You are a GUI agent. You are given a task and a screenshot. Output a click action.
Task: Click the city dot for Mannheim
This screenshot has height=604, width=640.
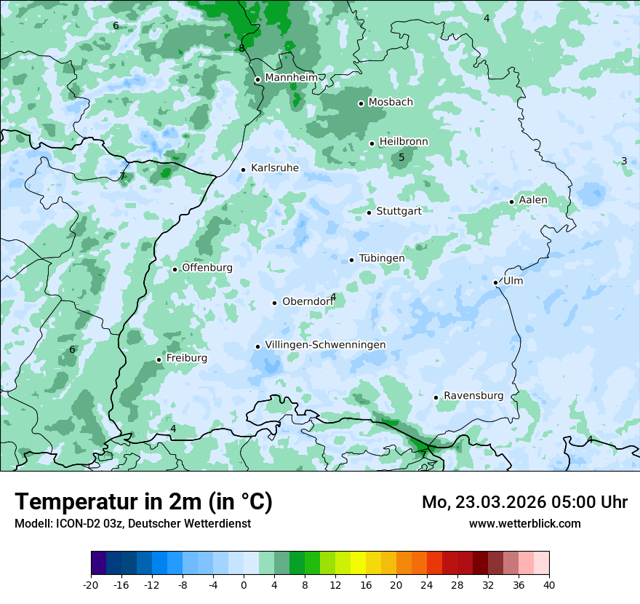point(257,80)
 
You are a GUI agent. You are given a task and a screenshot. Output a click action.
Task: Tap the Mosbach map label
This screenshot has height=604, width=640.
point(391,103)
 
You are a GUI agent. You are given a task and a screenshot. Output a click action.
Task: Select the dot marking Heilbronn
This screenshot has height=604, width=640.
point(372,143)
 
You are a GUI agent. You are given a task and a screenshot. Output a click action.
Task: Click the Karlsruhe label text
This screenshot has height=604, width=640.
point(274,168)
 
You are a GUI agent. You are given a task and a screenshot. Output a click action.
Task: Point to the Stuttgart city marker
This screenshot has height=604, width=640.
point(369,212)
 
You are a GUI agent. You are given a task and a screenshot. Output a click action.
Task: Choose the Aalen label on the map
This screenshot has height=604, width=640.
point(533,200)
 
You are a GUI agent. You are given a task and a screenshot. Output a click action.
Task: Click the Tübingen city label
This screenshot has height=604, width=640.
point(382,258)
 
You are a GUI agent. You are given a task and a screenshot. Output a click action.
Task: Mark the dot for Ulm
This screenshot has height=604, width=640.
point(495,282)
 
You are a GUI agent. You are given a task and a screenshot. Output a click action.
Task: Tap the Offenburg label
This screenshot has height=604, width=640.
point(207,268)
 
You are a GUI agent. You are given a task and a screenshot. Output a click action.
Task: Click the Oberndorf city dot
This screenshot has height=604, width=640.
point(274,303)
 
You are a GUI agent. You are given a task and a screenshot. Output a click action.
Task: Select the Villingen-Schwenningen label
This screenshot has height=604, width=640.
point(325,345)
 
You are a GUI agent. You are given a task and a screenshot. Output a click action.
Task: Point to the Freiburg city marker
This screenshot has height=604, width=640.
point(159,359)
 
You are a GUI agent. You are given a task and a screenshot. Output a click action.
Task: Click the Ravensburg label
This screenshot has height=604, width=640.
point(473,396)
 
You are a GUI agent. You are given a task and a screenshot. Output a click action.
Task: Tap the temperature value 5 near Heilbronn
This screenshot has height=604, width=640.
point(401,158)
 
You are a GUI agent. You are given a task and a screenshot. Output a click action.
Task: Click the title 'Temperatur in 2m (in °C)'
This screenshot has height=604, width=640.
point(143,502)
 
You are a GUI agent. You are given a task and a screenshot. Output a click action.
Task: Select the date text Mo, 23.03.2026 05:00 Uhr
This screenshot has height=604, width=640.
point(524,502)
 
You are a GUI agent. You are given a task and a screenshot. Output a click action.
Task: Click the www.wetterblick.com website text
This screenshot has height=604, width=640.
point(524,523)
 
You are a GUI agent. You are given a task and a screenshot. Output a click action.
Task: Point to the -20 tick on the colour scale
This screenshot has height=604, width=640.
point(91,584)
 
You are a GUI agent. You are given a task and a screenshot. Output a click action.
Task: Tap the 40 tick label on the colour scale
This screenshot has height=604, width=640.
point(549,584)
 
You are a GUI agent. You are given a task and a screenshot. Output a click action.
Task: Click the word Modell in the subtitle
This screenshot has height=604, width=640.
point(32,523)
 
